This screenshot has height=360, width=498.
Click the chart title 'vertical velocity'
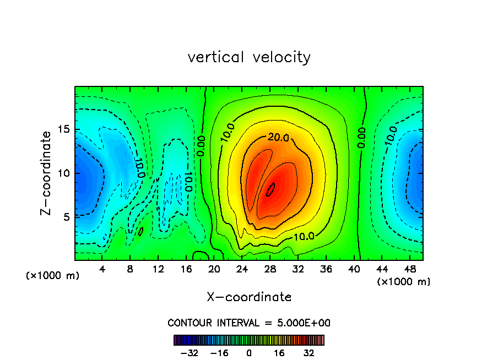(249, 57)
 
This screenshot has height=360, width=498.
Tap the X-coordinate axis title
(249, 297)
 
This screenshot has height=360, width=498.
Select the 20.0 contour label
(278, 138)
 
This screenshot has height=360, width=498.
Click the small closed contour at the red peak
(270, 190)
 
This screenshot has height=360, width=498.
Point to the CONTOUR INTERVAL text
(249, 323)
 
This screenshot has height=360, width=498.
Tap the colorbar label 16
(279, 353)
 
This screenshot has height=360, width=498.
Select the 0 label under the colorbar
(249, 353)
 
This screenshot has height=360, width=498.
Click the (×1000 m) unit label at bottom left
(53, 276)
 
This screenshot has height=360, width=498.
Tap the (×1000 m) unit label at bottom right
(404, 282)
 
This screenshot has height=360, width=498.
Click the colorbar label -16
(220, 353)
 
